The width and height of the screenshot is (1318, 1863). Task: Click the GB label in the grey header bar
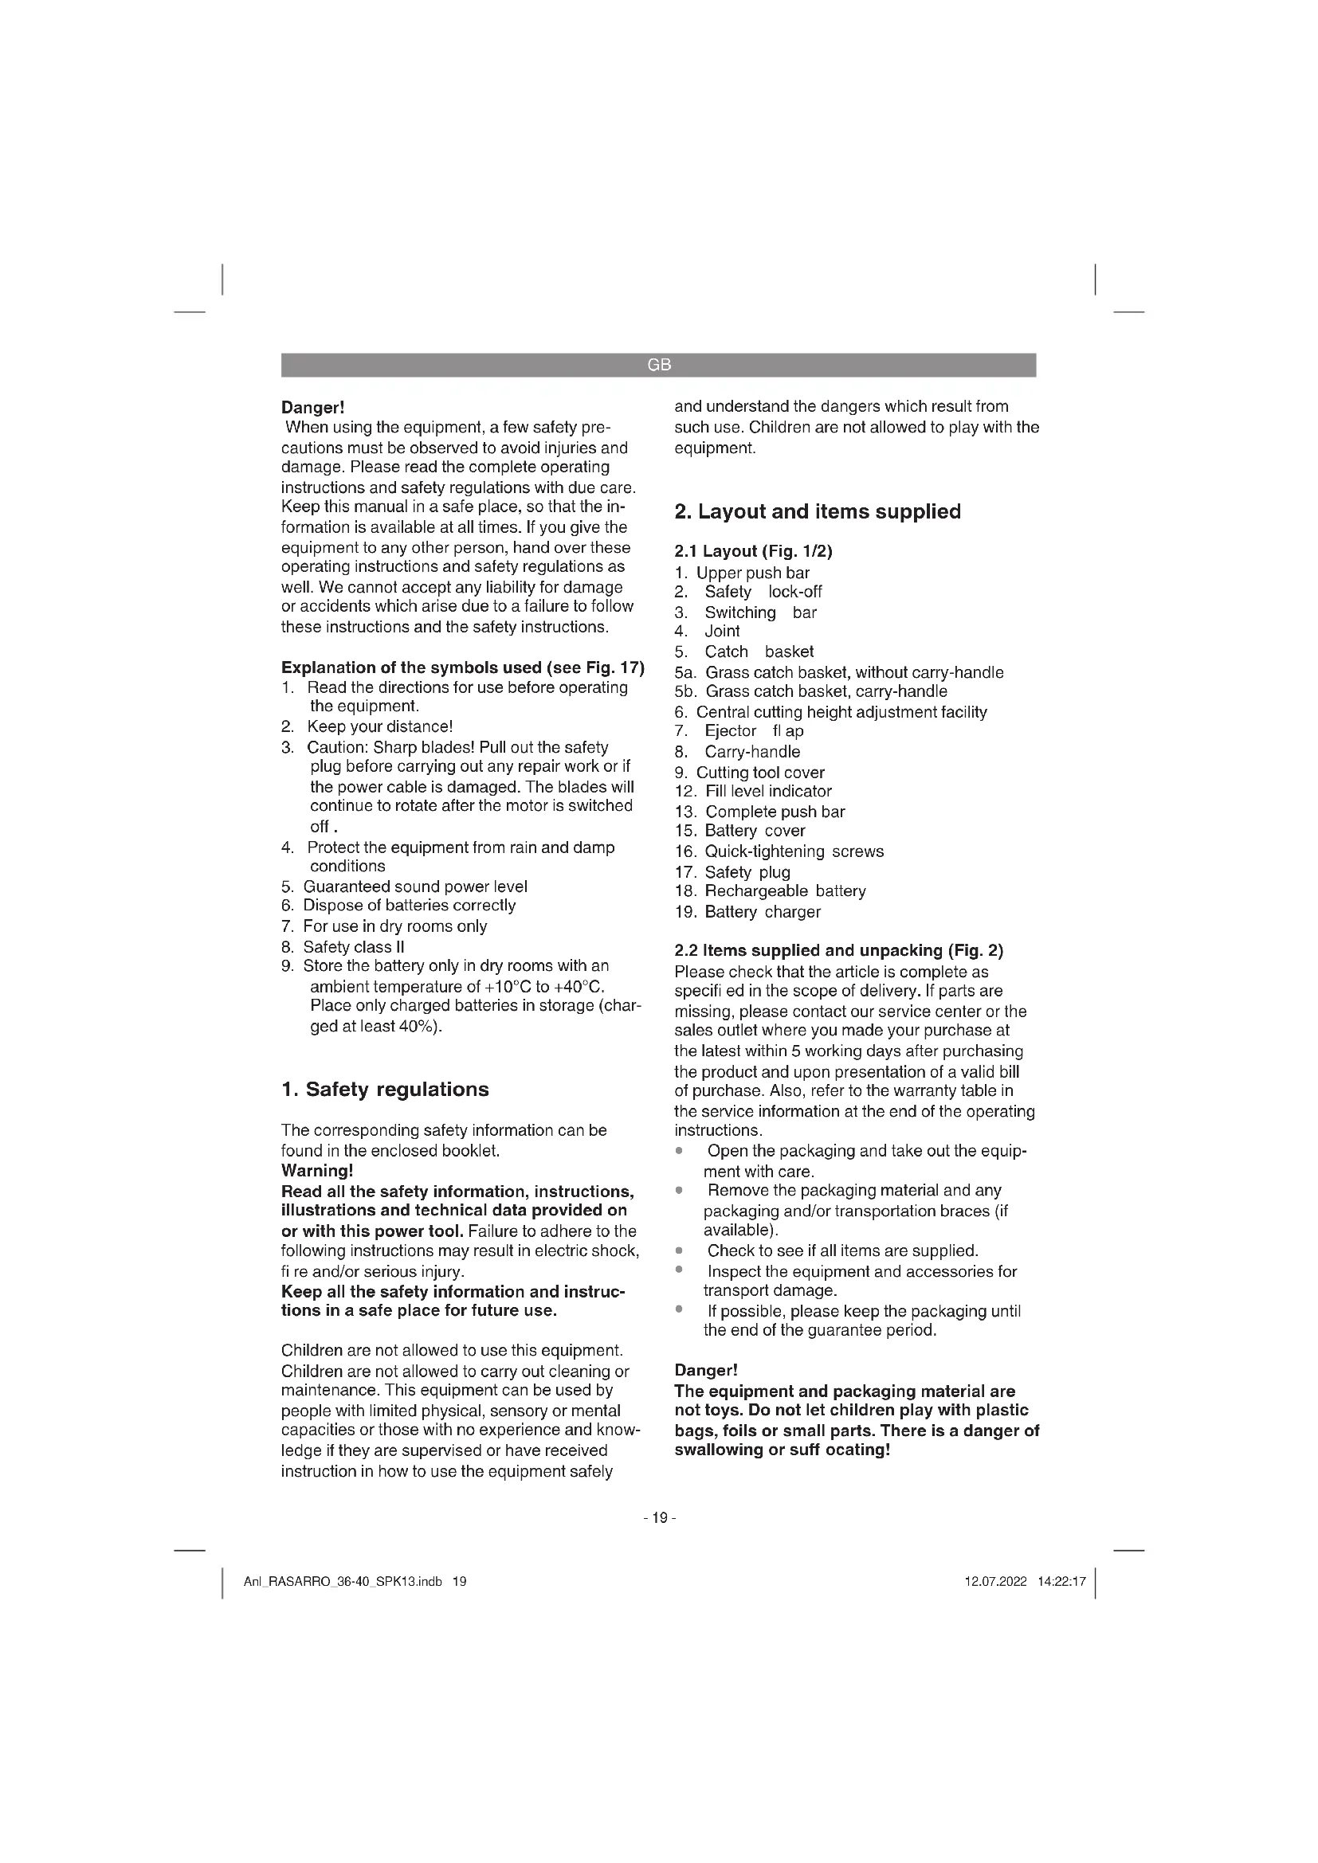[x=659, y=365]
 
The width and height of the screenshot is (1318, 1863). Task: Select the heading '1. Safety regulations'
[x=385, y=1089]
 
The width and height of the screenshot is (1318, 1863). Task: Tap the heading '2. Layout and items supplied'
[x=818, y=511]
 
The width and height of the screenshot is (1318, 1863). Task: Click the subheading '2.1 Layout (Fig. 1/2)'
[x=753, y=551]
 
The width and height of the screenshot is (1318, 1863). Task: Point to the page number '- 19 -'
[x=659, y=1517]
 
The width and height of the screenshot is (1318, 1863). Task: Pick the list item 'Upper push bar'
[x=752, y=572]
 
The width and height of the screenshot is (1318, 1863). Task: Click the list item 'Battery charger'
[x=762, y=911]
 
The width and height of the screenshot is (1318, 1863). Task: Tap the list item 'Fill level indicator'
[x=767, y=791]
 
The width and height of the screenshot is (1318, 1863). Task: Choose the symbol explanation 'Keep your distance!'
[x=379, y=726]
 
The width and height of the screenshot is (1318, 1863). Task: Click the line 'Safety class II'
[x=353, y=947]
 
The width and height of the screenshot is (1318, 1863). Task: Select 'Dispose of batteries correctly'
[x=409, y=906]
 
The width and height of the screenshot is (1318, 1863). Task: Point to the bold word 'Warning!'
[x=317, y=1170]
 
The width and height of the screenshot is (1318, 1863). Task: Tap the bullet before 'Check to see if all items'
[x=678, y=1250]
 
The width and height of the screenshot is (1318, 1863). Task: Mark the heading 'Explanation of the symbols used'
[x=463, y=667]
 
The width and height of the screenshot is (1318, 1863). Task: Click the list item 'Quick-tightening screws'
[x=794, y=851]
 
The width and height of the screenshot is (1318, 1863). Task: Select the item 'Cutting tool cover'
[x=759, y=773]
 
